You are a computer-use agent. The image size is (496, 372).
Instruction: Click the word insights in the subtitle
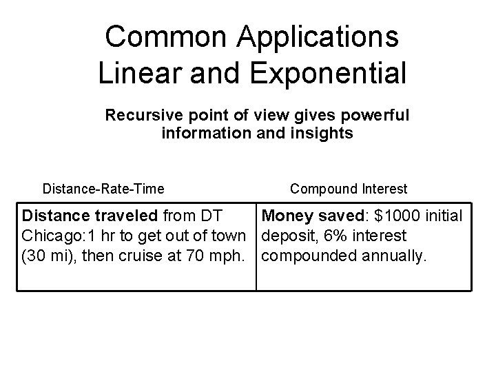point(324,133)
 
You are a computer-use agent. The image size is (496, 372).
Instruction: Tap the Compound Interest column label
point(349,188)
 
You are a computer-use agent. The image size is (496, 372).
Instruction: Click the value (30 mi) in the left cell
point(41,256)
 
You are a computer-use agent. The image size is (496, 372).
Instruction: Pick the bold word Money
point(287,216)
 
